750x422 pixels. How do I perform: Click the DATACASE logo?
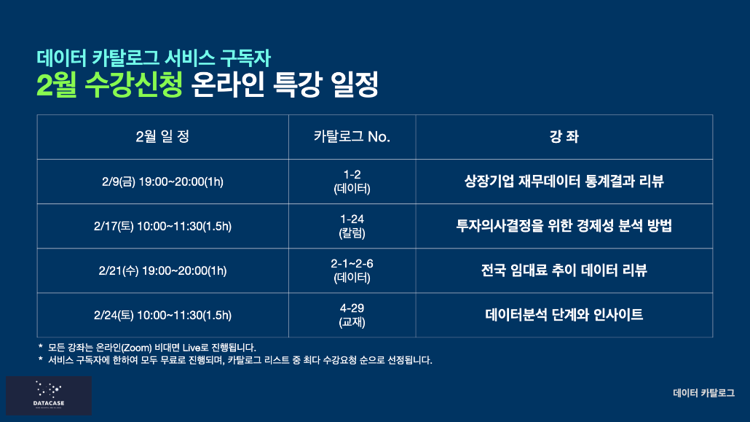click(49, 395)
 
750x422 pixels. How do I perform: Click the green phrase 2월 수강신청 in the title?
click(109, 85)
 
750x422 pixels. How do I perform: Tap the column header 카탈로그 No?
click(352, 137)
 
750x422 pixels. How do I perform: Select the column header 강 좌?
click(564, 137)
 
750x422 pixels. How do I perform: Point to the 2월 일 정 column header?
click(162, 137)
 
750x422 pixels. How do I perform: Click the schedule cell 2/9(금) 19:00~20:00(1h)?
click(162, 181)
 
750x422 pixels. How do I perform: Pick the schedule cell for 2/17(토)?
click(162, 226)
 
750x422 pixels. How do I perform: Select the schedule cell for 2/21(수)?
click(162, 270)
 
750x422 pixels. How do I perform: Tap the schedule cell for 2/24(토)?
click(162, 315)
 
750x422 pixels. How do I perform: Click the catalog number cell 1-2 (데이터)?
click(352, 181)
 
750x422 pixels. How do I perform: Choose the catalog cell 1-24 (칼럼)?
click(352, 226)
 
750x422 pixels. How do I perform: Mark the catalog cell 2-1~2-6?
click(352, 270)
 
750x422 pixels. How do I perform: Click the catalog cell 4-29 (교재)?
click(352, 315)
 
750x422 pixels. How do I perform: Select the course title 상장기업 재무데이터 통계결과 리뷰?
click(564, 181)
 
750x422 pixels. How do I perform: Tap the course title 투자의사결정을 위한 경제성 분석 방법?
click(564, 226)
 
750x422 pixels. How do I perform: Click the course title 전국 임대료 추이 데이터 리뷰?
click(564, 270)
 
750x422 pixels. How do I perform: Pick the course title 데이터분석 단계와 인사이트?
click(564, 315)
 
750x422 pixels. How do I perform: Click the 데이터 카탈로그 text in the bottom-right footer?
click(703, 394)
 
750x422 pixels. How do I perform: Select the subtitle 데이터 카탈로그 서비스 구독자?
click(154, 58)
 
